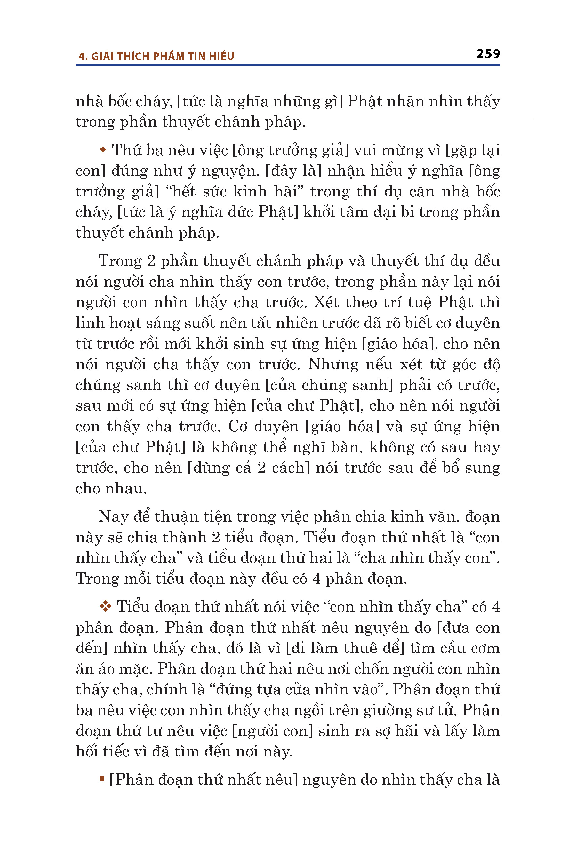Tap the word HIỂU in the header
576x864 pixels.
point(221,56)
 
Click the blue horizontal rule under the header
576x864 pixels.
point(288,65)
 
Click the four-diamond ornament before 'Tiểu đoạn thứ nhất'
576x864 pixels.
point(105,606)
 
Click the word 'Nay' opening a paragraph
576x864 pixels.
point(112,517)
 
